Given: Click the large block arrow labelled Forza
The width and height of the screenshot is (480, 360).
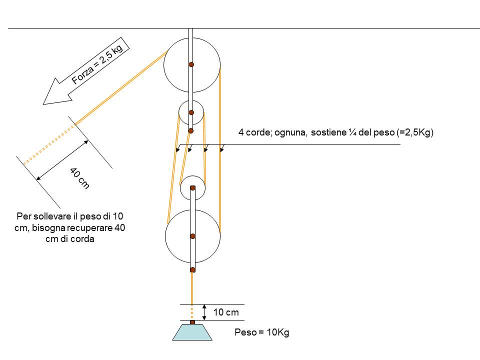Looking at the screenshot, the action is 86,71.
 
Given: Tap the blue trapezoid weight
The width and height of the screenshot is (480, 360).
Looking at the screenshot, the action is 192,332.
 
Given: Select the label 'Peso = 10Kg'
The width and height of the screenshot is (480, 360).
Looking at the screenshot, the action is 261,332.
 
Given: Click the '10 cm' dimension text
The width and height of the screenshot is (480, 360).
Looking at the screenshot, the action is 226,312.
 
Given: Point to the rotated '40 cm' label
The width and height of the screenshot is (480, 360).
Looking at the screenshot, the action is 79,178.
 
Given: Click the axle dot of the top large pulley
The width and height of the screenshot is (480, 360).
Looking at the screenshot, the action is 191,64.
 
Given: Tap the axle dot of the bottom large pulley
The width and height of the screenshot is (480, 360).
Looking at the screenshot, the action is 192,236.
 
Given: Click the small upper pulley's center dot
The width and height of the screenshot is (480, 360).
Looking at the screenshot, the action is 191,112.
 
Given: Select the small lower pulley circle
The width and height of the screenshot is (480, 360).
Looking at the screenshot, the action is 192,188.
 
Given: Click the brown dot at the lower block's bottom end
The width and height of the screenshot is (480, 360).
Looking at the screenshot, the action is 192,269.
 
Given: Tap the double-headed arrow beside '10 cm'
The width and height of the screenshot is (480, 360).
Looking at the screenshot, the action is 204,312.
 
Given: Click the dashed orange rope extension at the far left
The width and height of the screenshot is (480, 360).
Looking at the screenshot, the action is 49,144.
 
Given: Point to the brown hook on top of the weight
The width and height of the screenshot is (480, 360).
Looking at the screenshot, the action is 192,322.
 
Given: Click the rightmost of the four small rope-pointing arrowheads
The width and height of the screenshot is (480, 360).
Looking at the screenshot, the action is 222,148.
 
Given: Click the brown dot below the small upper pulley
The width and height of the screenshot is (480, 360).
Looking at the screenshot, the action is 190,131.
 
